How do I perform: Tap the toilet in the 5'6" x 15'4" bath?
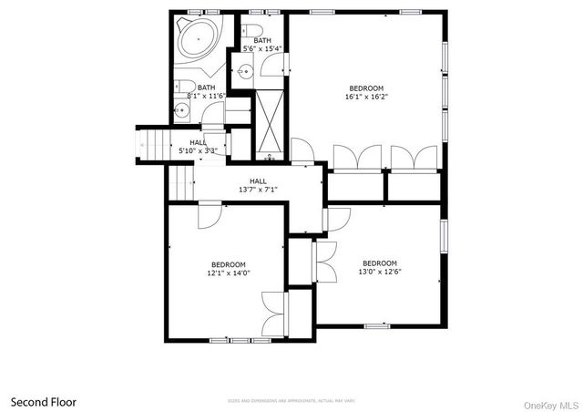[x=258, y=29]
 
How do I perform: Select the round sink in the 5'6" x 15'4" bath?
[x=245, y=71]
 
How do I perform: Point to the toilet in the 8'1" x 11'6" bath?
[x=179, y=88]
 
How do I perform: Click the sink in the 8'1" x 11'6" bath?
[x=182, y=111]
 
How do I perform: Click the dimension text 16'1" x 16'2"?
[x=366, y=96]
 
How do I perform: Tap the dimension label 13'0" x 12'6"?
[x=380, y=272]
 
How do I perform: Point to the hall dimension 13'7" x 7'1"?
[x=257, y=190]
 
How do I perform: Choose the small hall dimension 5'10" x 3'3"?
[x=197, y=150]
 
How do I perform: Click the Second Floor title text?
[x=44, y=401]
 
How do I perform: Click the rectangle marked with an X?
[x=270, y=119]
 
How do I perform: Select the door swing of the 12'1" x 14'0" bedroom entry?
[x=209, y=215]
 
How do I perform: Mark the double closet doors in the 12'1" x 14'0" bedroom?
[x=272, y=314]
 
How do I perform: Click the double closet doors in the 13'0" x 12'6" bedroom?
[x=325, y=263]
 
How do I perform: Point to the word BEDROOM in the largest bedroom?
[x=366, y=88]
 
